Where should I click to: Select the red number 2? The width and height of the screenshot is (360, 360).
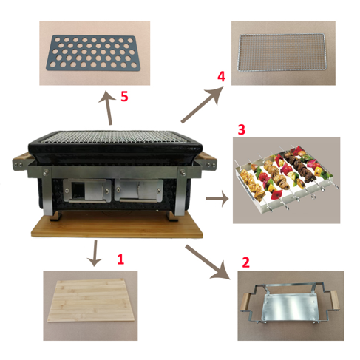pos(245,262)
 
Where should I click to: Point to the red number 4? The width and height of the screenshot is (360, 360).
pos(220,76)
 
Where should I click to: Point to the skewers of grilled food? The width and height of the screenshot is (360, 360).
pos(285,178)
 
